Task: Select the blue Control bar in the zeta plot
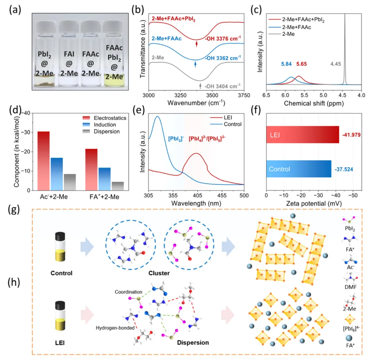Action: (x=299, y=170)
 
